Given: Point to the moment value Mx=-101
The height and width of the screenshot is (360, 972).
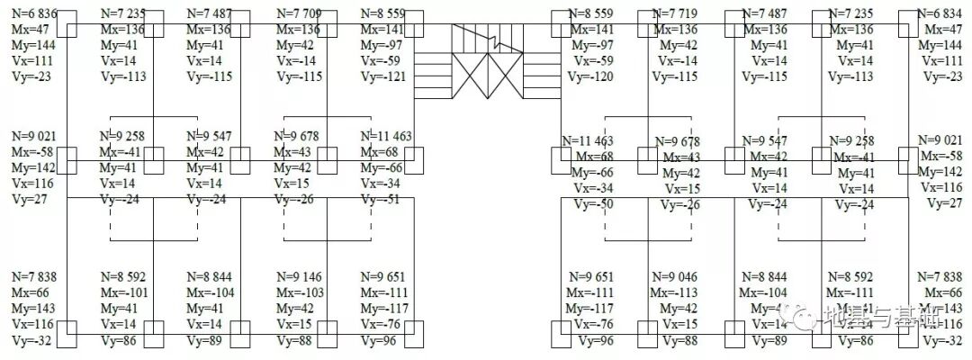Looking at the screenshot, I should click(x=124, y=292).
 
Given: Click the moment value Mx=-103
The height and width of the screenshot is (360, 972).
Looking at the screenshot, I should click(x=299, y=292).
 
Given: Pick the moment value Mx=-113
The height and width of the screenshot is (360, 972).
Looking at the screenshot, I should click(x=675, y=292).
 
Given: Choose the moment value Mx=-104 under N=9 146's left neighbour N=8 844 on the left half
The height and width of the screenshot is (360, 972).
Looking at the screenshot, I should click(x=211, y=292).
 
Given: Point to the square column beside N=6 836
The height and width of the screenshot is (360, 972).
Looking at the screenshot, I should click(x=67, y=21).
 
